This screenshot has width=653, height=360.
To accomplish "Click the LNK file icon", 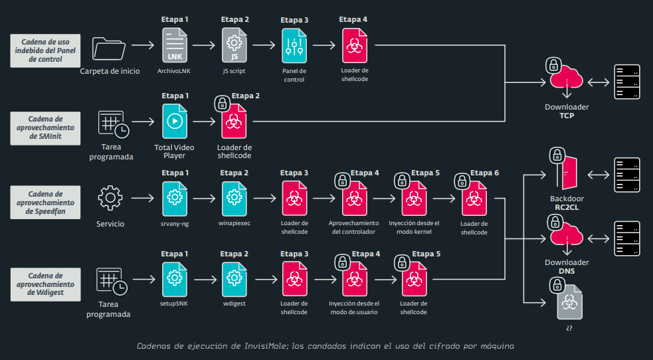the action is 175,45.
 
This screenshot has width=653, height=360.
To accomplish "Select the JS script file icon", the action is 234,45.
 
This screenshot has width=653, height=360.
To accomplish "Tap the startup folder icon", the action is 109,48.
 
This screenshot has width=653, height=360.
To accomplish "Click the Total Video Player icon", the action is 175,122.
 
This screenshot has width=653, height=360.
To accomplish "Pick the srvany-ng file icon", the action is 175,199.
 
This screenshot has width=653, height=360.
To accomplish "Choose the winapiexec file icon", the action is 234,199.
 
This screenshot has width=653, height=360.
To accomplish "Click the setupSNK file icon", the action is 175,279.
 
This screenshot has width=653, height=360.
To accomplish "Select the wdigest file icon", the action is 234,279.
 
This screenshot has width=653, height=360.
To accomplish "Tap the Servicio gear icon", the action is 110,198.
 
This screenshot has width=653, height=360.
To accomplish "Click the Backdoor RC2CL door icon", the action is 567,172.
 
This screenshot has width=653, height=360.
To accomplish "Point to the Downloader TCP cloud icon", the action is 567,77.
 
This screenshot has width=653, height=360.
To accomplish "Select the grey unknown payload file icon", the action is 570,302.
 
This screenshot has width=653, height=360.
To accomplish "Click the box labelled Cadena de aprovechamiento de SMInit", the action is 45,128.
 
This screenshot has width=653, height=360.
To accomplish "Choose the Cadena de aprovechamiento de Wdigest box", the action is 45,284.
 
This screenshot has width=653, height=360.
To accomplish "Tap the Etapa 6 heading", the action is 484,173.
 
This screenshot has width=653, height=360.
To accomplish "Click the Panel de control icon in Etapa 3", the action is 294,46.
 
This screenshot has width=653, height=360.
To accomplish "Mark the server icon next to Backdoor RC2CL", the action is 627,175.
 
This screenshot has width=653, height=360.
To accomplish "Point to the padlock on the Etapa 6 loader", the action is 462,181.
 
